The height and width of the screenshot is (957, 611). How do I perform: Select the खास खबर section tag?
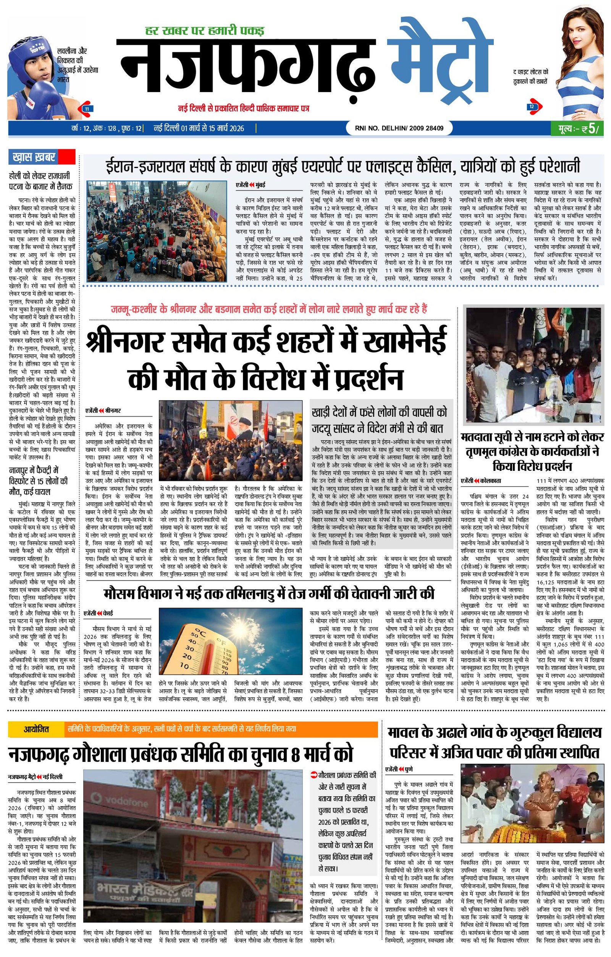34,157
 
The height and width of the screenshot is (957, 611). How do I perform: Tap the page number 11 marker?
86,108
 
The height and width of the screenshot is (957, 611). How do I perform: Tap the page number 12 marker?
532,107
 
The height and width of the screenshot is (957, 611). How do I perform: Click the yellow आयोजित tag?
36,729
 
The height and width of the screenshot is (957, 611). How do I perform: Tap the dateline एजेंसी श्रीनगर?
103,410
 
